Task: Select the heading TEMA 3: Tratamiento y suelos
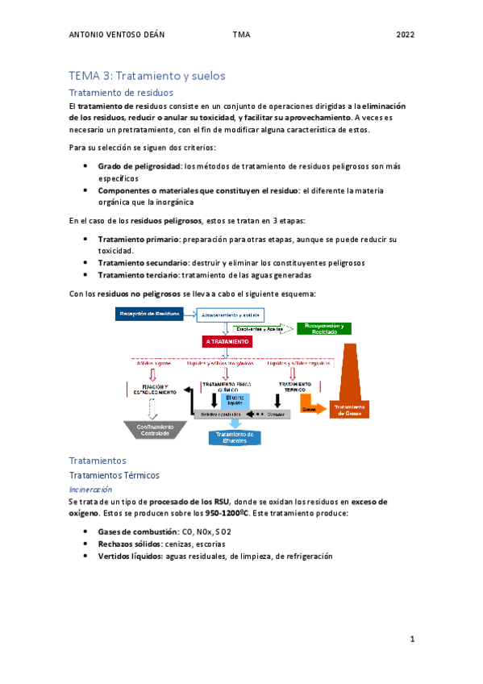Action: [x=147, y=75]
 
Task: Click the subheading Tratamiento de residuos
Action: [x=121, y=93]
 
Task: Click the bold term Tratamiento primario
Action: [x=139, y=240]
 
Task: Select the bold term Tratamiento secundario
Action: [x=144, y=262]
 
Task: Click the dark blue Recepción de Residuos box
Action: [x=148, y=313]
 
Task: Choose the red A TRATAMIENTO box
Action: [x=228, y=341]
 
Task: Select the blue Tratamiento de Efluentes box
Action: [x=235, y=436]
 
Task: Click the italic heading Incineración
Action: [x=90, y=489]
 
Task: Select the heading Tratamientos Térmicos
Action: [x=115, y=475]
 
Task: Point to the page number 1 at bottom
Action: [x=411, y=640]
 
